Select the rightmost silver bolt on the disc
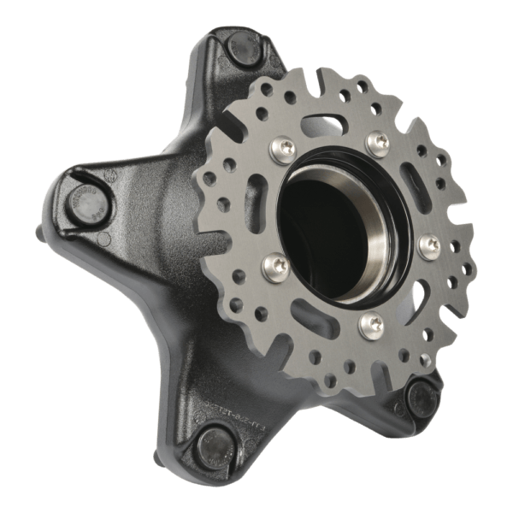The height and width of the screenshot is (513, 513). (x=427, y=247)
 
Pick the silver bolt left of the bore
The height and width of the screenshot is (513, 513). (x=271, y=262)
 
